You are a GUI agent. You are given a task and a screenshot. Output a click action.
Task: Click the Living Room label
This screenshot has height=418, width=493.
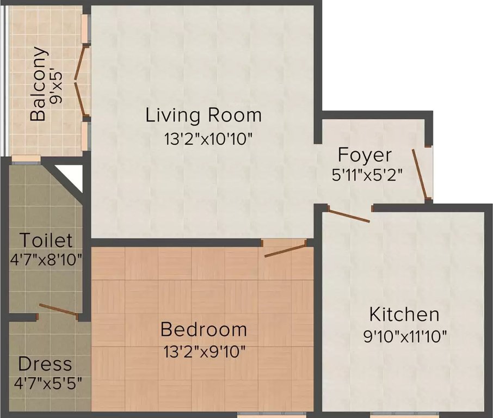(x=204, y=115)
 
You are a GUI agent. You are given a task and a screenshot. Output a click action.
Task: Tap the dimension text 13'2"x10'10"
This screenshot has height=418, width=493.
(x=209, y=139)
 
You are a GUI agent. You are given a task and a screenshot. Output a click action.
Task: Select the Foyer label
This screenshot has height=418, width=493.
(x=364, y=155)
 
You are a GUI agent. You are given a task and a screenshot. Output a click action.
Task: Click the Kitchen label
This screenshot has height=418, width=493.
(x=404, y=315)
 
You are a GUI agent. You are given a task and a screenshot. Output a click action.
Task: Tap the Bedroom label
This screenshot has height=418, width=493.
(x=204, y=329)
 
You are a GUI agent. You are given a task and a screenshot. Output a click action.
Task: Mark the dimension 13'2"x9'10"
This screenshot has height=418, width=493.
(x=204, y=351)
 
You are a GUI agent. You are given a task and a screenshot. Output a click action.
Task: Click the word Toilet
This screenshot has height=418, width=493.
(x=46, y=240)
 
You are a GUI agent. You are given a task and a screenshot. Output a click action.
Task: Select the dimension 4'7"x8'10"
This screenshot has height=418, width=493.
(x=46, y=259)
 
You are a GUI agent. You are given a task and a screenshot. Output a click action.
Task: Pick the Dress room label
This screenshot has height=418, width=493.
(x=45, y=364)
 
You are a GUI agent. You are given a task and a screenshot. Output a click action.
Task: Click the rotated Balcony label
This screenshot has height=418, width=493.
(x=39, y=84)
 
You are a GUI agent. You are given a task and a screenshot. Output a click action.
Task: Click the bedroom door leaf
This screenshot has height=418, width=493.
(x=285, y=250)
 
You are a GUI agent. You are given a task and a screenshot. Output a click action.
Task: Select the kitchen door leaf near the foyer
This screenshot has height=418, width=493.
(x=349, y=215)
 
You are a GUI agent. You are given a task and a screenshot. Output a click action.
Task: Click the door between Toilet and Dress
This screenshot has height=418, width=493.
(x=59, y=310)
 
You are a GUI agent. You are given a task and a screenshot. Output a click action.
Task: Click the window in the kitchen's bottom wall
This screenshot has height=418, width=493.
(x=404, y=414)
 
